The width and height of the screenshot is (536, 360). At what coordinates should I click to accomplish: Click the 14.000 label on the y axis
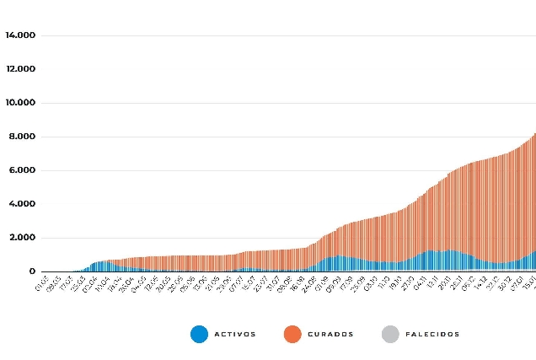tap(19, 35)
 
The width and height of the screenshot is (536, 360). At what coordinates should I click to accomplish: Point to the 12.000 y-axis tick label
tap(19, 69)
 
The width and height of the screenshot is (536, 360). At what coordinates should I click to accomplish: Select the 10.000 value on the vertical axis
tap(19, 103)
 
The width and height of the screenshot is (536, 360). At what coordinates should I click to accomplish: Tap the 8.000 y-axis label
tap(22, 137)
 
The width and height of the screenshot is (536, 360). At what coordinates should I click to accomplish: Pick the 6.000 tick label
tap(22, 170)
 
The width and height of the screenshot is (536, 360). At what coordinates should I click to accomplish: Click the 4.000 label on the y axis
tap(22, 204)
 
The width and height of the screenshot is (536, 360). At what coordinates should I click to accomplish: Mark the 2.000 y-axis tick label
tap(22, 238)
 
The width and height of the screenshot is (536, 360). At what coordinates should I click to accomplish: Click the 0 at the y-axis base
tap(31, 271)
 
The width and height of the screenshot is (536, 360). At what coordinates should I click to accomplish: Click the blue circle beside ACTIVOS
tap(199, 334)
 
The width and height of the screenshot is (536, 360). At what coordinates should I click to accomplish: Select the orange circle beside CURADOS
tap(292, 334)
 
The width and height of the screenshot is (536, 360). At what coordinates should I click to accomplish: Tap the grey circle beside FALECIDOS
tap(389, 334)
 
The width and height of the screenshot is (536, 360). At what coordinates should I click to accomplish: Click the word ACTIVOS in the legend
tap(236, 335)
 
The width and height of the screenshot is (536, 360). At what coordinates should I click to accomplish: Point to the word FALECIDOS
tap(432, 335)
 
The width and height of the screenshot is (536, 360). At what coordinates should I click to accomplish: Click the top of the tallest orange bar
tap(534, 133)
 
